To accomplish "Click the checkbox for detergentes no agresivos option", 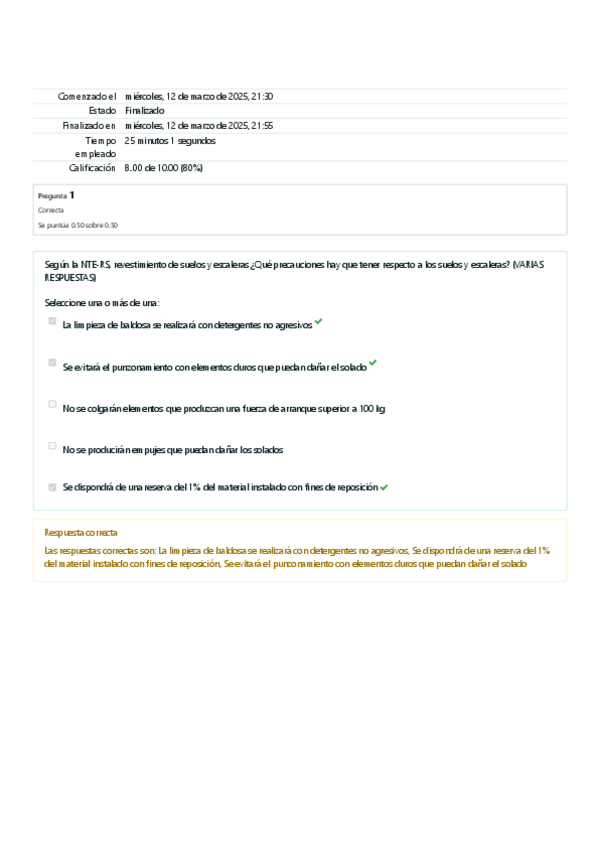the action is point(52,321).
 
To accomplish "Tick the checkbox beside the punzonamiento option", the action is point(52,363).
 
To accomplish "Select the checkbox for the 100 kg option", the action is point(52,405).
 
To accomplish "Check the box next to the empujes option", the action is point(52,446).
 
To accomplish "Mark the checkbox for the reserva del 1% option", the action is point(52,487).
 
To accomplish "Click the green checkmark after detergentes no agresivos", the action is point(318,322).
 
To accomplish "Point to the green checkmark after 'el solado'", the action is point(373,364).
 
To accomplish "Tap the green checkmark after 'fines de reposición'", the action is point(384,487).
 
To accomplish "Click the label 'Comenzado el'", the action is point(87,96).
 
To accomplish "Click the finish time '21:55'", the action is point(262,125).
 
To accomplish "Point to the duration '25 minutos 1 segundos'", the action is point(170,141).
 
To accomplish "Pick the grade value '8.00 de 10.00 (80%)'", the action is point(164,168).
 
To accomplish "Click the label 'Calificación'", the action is point(92,168).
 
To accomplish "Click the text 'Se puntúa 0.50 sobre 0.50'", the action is point(77,225).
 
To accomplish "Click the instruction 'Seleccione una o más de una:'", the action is point(102,302).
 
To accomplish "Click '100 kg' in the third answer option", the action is point(371,408).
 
